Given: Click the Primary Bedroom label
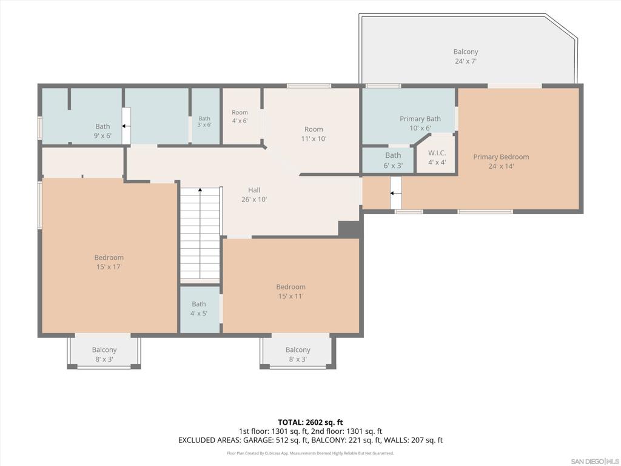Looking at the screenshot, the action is [501, 157].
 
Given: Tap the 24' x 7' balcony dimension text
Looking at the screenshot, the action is [465, 61].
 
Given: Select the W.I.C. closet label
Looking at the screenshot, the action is [437, 153].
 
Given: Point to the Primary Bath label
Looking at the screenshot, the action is [420, 119].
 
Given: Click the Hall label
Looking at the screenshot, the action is [254, 190].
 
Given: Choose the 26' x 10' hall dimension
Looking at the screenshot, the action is [254, 200].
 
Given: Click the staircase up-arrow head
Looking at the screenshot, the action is [200, 190].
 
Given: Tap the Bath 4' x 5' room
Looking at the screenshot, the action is [200, 309].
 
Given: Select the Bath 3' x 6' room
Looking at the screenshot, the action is [206, 116].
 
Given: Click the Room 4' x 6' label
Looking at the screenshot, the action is [240, 116].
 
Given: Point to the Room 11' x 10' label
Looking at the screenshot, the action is [314, 134].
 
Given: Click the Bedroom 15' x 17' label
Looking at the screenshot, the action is [109, 262].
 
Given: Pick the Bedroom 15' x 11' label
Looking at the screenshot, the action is [290, 291].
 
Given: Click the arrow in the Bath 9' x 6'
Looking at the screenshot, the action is [126, 126].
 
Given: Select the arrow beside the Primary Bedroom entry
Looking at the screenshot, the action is [395, 194].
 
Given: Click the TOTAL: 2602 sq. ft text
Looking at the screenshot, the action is [310, 422].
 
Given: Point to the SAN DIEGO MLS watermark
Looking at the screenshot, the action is [594, 462].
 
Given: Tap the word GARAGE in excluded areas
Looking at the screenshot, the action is [257, 441].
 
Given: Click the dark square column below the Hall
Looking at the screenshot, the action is [349, 229].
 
